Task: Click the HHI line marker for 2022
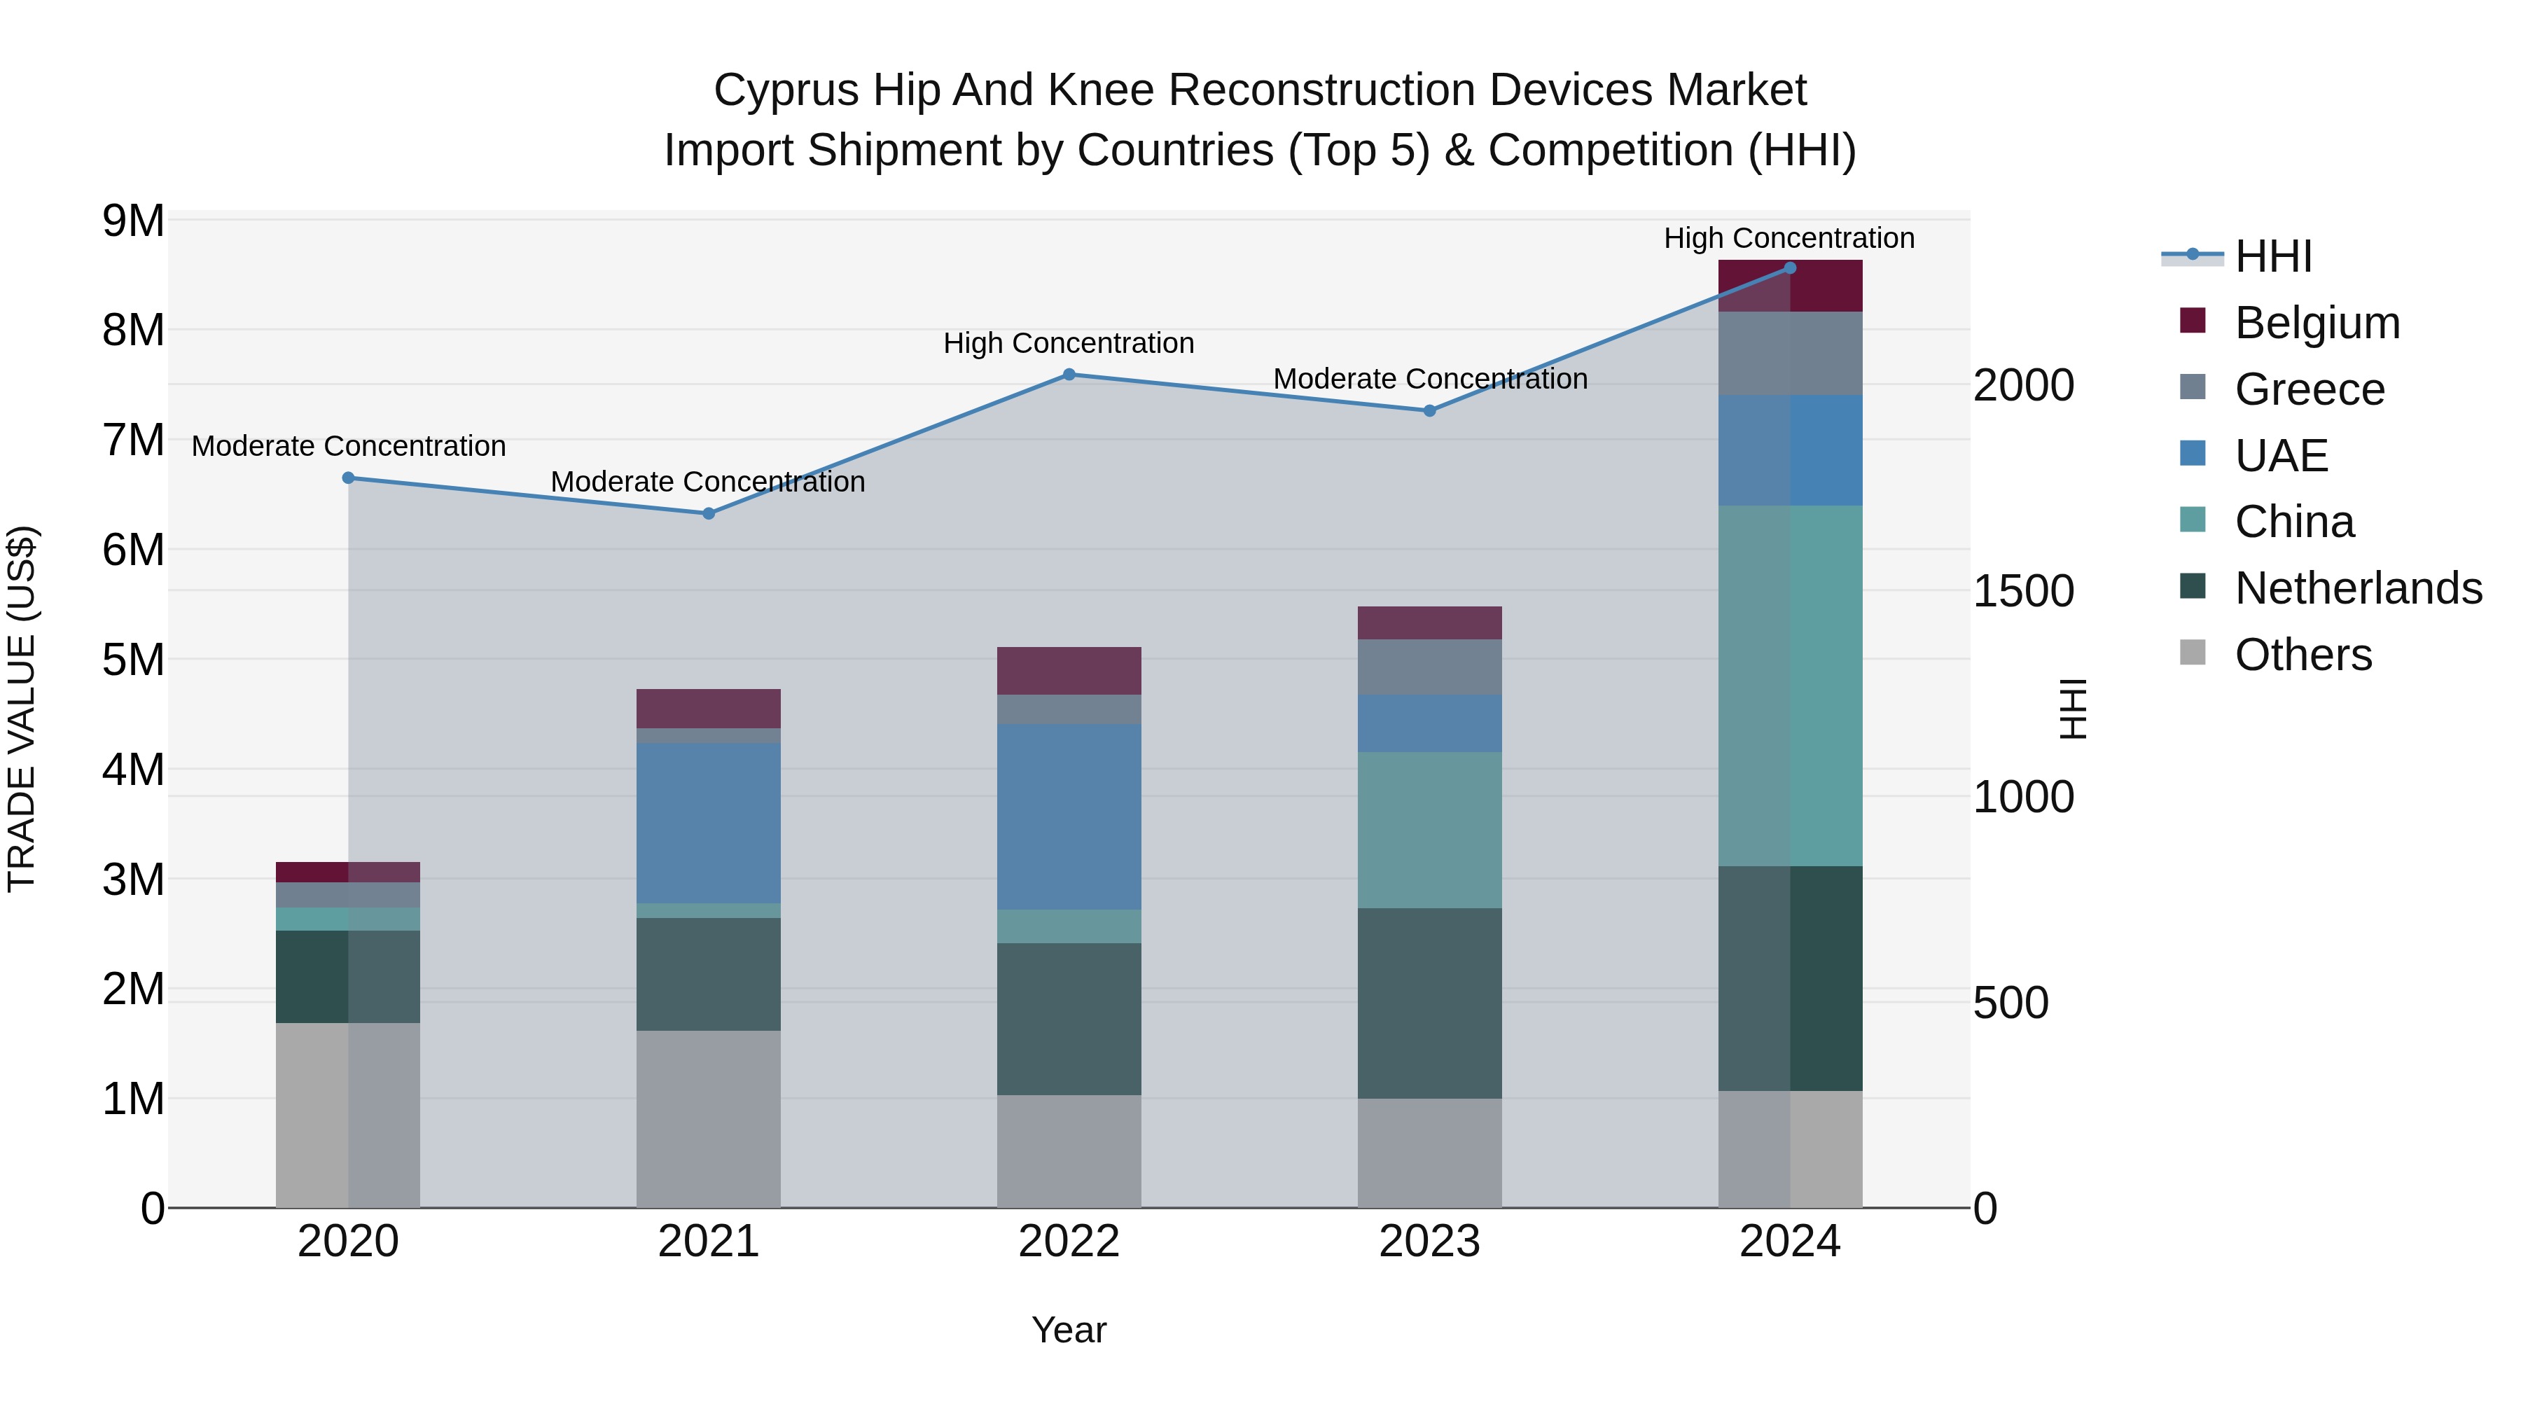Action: (1069, 375)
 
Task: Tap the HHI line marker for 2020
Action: (349, 478)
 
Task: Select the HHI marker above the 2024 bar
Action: (1790, 268)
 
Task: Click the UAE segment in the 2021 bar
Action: (709, 822)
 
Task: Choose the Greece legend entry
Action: (2309, 389)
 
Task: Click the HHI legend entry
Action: (2272, 256)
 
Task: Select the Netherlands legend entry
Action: (2358, 588)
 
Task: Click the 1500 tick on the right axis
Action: (2023, 591)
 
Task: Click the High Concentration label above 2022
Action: (1069, 344)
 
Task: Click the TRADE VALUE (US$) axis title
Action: (22, 709)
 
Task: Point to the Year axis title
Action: (1069, 1330)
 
